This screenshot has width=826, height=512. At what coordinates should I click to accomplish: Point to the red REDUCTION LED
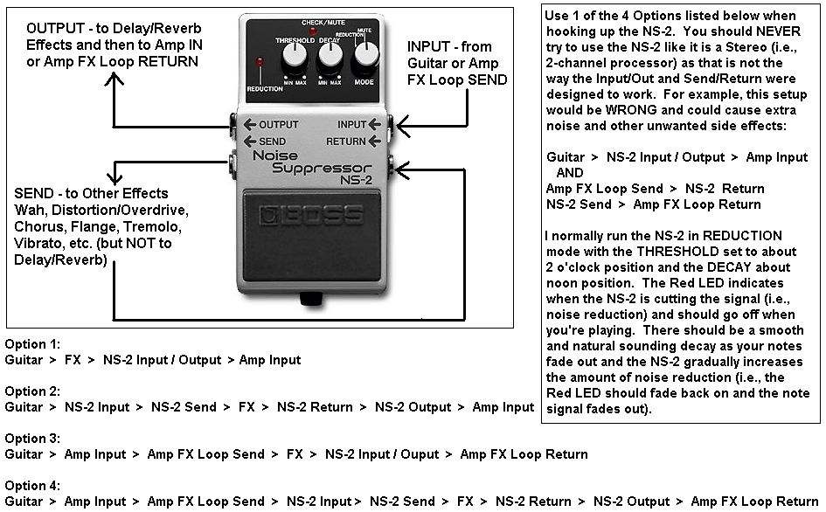(260, 62)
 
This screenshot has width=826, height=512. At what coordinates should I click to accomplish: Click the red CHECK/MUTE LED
(313, 31)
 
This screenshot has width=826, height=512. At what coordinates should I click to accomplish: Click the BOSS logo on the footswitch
(313, 214)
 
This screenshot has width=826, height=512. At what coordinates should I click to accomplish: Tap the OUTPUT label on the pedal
(278, 124)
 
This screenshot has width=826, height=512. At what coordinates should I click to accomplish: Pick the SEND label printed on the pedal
(272, 141)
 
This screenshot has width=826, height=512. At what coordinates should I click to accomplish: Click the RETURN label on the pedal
(346, 141)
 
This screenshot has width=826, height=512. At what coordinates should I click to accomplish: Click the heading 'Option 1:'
(32, 344)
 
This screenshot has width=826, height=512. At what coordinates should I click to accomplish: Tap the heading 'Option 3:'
(32, 439)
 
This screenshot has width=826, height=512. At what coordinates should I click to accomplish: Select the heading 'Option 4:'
(32, 486)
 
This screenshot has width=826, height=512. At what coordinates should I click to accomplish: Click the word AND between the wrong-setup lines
(570, 173)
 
